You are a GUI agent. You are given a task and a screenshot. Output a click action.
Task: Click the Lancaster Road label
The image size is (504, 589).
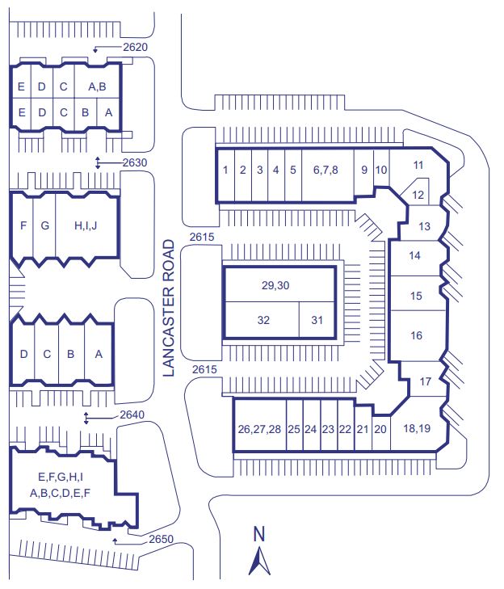[x=169, y=308]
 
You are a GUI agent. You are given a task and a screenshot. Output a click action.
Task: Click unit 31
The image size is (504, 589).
[x=317, y=320]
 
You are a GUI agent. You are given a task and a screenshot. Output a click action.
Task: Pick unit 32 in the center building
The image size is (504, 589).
[x=262, y=320]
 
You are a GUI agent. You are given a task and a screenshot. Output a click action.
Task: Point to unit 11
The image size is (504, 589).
[x=418, y=166]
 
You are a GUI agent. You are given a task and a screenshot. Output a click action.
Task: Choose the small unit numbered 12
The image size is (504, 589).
[x=418, y=195]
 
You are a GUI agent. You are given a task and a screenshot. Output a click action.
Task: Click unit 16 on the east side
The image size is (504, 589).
[x=417, y=335]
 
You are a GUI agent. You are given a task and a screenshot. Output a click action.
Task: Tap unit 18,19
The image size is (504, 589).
[x=416, y=429]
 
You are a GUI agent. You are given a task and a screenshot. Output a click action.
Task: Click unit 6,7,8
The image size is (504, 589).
[x=326, y=170]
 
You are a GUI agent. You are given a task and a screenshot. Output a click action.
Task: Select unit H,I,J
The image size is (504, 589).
[x=86, y=225]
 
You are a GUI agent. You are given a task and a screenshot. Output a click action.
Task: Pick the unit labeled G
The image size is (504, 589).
[x=44, y=225]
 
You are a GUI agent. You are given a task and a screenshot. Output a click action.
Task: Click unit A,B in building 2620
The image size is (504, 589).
[x=97, y=86]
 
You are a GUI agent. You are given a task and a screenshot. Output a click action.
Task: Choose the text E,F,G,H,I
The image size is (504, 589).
[x=61, y=477]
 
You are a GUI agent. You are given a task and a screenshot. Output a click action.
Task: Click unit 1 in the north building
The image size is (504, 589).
[x=225, y=170]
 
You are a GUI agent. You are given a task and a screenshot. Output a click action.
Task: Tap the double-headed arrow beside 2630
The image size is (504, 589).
[x=99, y=162]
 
